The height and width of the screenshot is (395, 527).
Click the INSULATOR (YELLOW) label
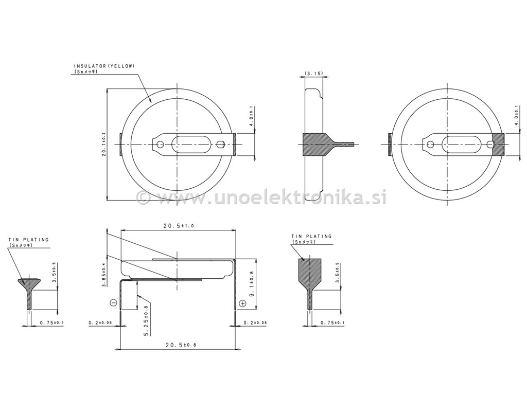104,66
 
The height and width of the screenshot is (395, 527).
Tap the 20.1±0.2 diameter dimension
103,144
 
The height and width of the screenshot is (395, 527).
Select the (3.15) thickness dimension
313,73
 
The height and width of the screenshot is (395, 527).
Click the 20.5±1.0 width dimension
179,226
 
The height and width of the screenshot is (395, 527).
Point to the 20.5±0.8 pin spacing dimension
181,345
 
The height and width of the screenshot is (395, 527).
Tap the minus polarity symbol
113,302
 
